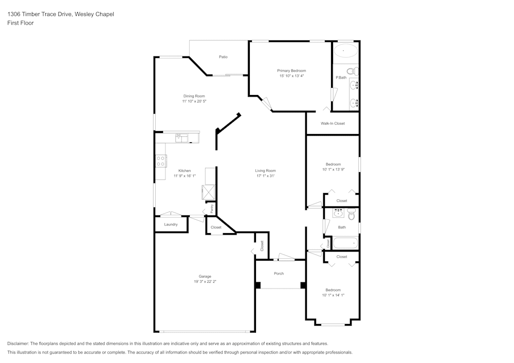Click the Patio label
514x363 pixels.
coord(223,57)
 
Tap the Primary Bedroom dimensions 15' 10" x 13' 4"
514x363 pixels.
coord(291,76)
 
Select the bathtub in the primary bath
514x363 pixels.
coord(345,51)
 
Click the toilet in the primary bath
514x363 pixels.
coord(352,70)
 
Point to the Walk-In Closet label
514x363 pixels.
coord(333,123)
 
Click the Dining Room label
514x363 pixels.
coord(194,96)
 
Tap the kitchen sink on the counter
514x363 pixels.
coord(182,137)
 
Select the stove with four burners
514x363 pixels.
coord(161,161)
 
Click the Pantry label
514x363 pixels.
coord(211,209)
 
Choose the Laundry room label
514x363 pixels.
coord(171,224)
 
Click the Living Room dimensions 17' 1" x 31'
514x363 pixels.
coord(266,176)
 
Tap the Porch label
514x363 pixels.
coord(279,274)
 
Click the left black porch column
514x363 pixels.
coord(258,285)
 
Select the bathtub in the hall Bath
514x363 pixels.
coord(344,242)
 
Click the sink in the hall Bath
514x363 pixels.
coord(338,213)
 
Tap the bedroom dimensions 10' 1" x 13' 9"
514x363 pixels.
coord(333,169)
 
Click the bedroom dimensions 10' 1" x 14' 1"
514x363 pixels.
coord(333,295)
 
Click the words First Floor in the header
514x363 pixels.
coord(21,23)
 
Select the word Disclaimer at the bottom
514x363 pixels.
coord(18,343)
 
